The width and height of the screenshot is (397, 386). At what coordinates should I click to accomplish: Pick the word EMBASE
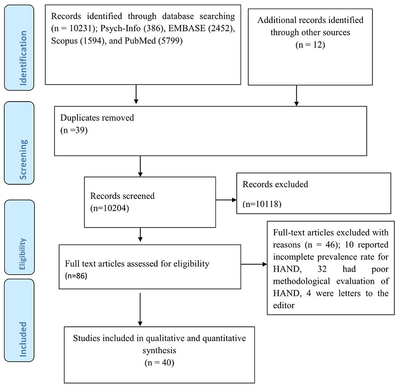pyautogui.click(x=187, y=28)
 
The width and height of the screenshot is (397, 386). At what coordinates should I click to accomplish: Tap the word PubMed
pyautogui.click(x=140, y=40)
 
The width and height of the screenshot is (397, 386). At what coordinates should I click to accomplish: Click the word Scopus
pyautogui.click(x=64, y=41)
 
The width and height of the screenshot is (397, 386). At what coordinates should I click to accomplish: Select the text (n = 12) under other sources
pyautogui.click(x=310, y=45)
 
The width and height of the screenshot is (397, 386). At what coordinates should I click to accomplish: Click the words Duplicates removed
pyautogui.click(x=97, y=118)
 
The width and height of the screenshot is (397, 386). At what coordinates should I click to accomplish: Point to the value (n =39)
pyautogui.click(x=74, y=130)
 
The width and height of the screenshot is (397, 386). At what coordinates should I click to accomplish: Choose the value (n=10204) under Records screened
pyautogui.click(x=109, y=208)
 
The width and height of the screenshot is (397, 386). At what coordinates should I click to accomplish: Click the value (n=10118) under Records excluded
pyautogui.click(x=262, y=204)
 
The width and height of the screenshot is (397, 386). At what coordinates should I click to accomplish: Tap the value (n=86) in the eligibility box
pyautogui.click(x=76, y=276)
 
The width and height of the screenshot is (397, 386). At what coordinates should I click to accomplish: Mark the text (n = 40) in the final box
pyautogui.click(x=159, y=363)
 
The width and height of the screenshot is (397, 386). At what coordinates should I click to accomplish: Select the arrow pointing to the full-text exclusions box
pyautogui.click(x=254, y=264)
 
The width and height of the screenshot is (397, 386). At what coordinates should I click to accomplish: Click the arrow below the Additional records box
pyautogui.click(x=296, y=95)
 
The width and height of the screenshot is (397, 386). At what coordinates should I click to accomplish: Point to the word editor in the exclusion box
pyautogui.click(x=284, y=305)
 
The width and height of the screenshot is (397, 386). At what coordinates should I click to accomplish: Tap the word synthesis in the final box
pyautogui.click(x=159, y=351)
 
